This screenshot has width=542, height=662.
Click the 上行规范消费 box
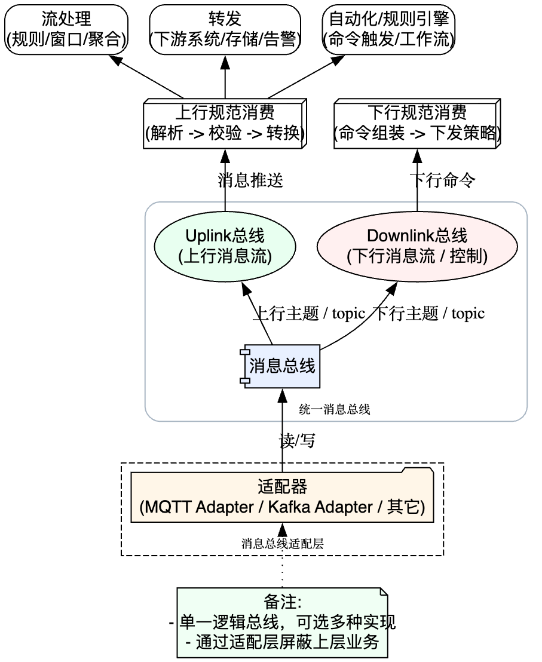click(225, 124)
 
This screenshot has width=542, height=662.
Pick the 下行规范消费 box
click(417, 124)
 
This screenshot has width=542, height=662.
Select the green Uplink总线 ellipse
click(225, 246)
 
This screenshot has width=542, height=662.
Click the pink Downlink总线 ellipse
click(417, 246)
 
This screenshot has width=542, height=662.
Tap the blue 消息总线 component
click(281, 366)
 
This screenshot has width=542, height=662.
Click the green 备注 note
click(282, 623)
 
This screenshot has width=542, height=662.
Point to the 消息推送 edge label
click(250, 180)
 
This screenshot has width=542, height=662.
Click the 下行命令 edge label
click(442, 180)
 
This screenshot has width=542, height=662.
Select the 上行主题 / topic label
click(308, 314)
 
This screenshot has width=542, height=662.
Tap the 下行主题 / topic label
click(428, 314)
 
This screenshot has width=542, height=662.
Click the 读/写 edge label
click(297, 441)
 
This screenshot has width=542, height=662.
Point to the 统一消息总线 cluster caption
click(335, 410)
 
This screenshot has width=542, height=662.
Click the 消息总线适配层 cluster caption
click(283, 544)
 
